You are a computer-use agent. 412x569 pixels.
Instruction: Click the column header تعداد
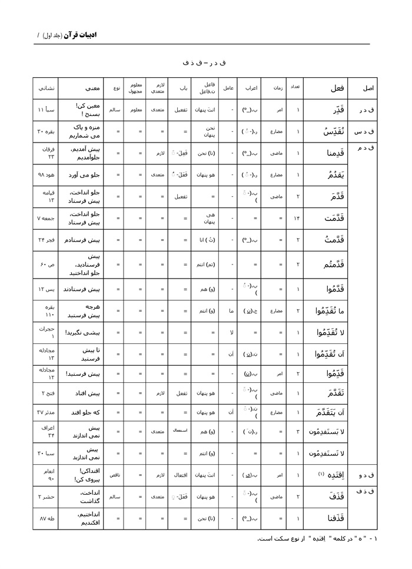(x=295, y=88)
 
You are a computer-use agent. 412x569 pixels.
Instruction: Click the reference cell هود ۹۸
(x=45, y=174)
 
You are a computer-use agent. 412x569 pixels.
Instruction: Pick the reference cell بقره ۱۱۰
(x=45, y=310)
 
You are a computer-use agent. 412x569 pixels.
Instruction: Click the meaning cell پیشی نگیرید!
(x=81, y=332)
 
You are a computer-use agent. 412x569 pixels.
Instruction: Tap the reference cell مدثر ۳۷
(x=45, y=410)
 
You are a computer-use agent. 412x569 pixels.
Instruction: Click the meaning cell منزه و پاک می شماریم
(x=81, y=131)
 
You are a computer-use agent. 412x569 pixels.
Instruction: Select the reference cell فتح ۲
(x=45, y=388)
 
